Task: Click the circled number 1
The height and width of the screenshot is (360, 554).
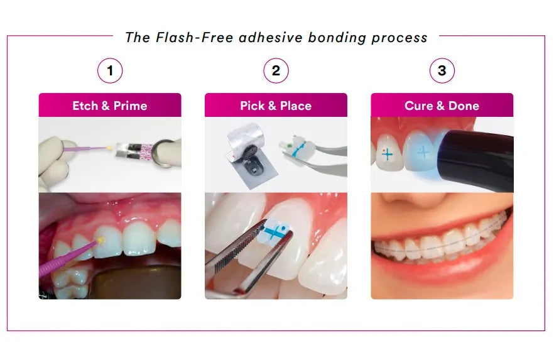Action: [x=110, y=70]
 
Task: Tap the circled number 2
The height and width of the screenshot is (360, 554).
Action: [x=276, y=70]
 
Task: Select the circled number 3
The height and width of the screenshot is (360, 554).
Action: [x=442, y=70]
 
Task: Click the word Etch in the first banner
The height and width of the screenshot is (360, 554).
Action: [x=85, y=106]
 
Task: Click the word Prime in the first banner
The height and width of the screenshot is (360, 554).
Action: [x=131, y=106]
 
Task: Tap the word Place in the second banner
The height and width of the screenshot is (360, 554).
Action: [x=296, y=106]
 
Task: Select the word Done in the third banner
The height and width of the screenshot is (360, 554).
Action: [x=464, y=106]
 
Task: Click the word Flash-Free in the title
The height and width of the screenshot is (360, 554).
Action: [x=194, y=38]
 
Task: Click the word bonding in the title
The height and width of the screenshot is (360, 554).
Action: [x=337, y=38]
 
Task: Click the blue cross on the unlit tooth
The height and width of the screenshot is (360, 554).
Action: [x=387, y=155]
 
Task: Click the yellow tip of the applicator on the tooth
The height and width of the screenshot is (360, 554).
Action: [x=102, y=240]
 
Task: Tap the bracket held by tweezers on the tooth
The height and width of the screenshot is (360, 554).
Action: [x=275, y=231]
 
